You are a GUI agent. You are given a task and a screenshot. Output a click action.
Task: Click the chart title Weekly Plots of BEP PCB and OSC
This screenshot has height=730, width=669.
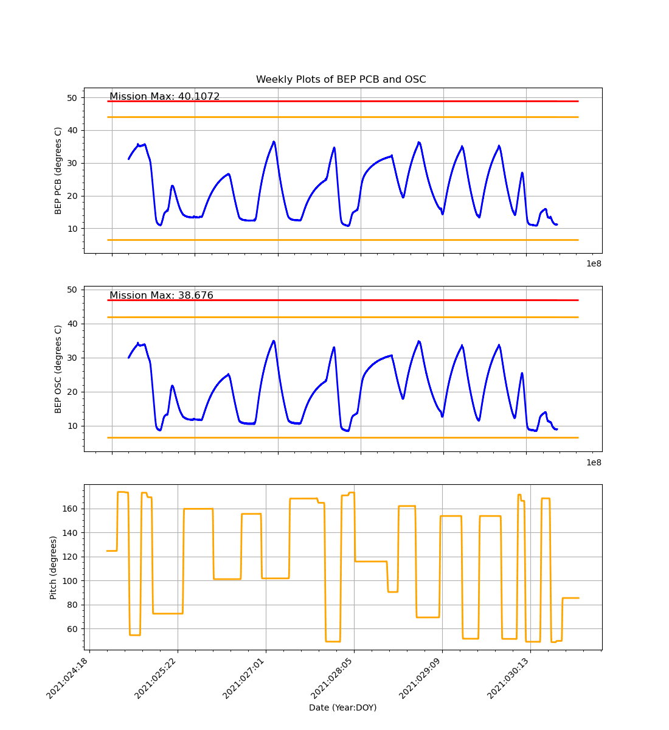[x=341, y=80]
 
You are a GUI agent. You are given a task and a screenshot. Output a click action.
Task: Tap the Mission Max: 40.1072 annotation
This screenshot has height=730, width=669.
[x=164, y=97]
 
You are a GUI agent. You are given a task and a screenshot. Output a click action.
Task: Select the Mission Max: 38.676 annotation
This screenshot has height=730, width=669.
[x=161, y=296]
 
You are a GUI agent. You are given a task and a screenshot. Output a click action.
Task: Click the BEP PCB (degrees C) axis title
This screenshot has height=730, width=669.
[x=58, y=170]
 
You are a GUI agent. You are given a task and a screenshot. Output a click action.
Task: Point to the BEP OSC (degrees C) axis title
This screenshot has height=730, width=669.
[x=58, y=369]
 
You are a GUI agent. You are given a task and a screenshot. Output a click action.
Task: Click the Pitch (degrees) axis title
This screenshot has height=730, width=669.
[x=54, y=567]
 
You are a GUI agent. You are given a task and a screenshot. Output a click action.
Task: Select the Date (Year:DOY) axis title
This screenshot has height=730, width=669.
[x=342, y=707]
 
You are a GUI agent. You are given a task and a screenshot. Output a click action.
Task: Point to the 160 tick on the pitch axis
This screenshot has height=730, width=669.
[x=69, y=509]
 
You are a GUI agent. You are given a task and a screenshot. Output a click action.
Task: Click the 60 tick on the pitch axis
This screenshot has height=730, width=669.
[x=72, y=628]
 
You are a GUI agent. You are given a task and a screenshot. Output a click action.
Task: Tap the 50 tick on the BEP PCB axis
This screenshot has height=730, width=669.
[x=72, y=97]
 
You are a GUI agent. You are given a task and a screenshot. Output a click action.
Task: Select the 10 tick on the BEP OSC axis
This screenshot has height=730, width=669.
[x=72, y=426]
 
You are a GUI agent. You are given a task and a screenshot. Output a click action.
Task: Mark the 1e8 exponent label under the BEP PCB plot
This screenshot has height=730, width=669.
[x=594, y=263]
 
